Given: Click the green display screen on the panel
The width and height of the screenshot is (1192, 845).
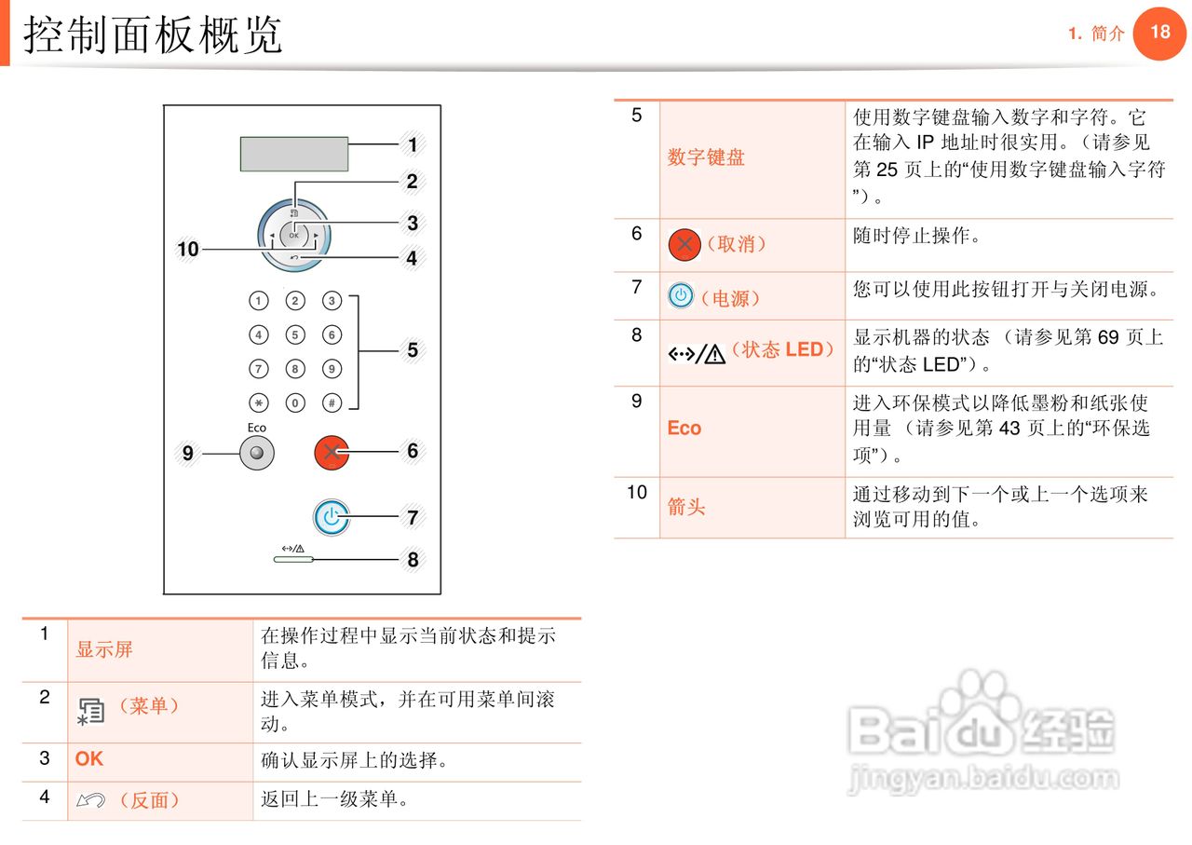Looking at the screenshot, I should (294, 154).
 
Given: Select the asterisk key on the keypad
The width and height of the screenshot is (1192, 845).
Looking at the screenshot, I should (259, 403).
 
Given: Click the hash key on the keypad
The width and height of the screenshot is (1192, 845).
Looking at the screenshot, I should (332, 403).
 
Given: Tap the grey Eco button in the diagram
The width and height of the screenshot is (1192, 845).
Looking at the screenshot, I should (256, 454).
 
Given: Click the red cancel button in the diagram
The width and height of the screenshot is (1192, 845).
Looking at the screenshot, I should (331, 453).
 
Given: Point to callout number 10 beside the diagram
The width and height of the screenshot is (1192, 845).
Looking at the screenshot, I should (188, 249).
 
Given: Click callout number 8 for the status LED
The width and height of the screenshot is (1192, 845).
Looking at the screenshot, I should (413, 560).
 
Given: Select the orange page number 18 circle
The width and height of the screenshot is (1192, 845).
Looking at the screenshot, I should (1159, 33).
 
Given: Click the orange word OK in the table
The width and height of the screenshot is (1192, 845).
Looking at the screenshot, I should (89, 759).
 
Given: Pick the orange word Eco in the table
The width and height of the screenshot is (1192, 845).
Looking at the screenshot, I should (684, 429).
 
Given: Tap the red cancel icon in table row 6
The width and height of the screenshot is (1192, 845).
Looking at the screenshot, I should (684, 245).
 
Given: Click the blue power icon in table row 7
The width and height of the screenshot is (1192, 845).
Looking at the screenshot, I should (681, 296).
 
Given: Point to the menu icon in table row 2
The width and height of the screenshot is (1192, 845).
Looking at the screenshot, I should (89, 711).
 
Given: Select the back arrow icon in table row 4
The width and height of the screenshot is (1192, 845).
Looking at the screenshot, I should (90, 800).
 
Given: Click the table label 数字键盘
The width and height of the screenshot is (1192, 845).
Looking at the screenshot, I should (706, 158).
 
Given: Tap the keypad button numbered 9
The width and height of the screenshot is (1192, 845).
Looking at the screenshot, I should (332, 369).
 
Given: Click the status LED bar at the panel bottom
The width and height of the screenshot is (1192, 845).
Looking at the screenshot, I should (293, 561).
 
